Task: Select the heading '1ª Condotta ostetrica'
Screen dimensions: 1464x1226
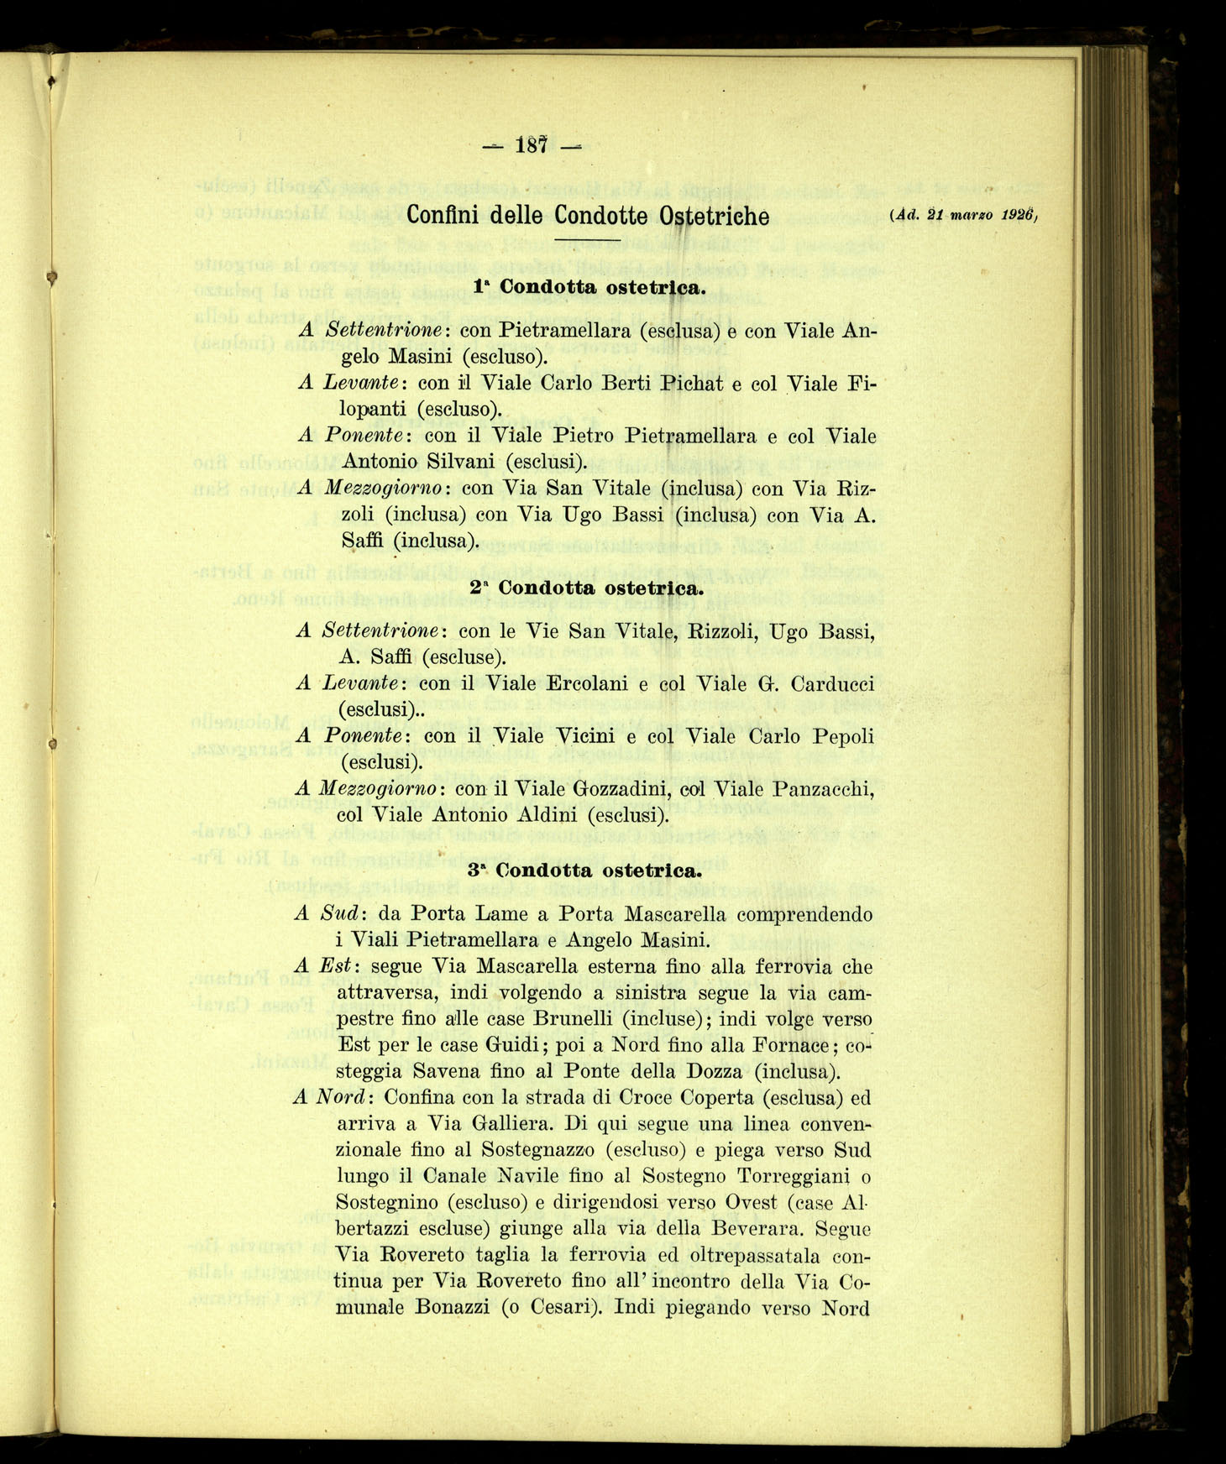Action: click(587, 287)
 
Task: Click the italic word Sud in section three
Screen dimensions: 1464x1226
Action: click(340, 913)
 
